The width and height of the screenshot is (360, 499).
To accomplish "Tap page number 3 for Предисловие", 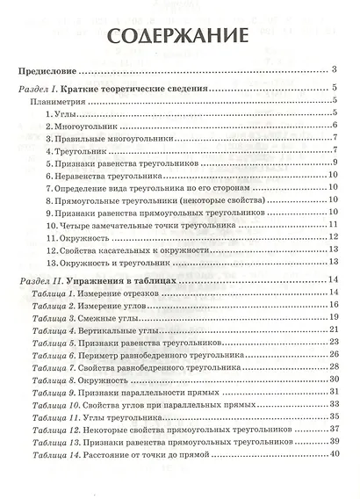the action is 335,69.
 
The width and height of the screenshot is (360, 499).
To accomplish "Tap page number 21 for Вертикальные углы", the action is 334,329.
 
